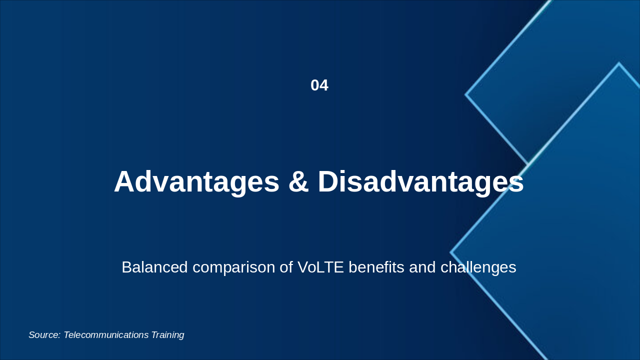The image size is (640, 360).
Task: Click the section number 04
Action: pos(319,85)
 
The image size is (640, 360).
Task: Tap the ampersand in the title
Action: pos(298,181)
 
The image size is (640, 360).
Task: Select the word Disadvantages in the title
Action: pos(420,181)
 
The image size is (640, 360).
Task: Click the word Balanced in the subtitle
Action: pos(154,267)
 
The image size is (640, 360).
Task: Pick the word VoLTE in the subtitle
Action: pos(320,267)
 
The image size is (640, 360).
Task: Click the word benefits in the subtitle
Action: pos(376,267)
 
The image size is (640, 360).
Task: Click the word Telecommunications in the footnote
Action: pos(106,335)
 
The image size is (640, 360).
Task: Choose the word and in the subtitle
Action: pos(422,267)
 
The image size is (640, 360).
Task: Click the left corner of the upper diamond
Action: pos(465,94)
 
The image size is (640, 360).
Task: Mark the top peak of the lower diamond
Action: pos(619,63)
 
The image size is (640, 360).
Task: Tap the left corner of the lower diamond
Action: pos(450,252)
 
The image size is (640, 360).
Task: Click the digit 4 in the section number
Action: pos(324,85)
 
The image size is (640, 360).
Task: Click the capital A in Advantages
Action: pos(124,181)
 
